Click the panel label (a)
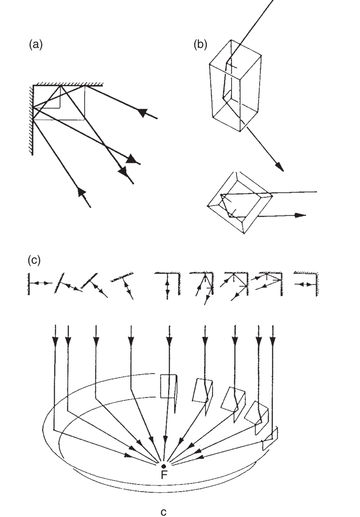(36, 44)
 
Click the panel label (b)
(200, 44)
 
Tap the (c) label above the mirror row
(34, 260)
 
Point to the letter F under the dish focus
(164, 475)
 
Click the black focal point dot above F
(164, 466)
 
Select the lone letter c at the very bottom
(164, 512)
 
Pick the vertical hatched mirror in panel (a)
(31, 120)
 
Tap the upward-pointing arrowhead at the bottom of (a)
(81, 192)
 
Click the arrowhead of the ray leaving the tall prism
(279, 167)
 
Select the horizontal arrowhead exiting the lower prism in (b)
(300, 215)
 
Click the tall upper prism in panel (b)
(236, 85)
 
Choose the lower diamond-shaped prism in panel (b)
(240, 203)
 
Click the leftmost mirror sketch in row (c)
(39, 283)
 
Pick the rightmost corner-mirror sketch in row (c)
(306, 284)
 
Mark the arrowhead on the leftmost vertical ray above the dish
(55, 342)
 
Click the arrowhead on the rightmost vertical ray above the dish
(273, 342)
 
